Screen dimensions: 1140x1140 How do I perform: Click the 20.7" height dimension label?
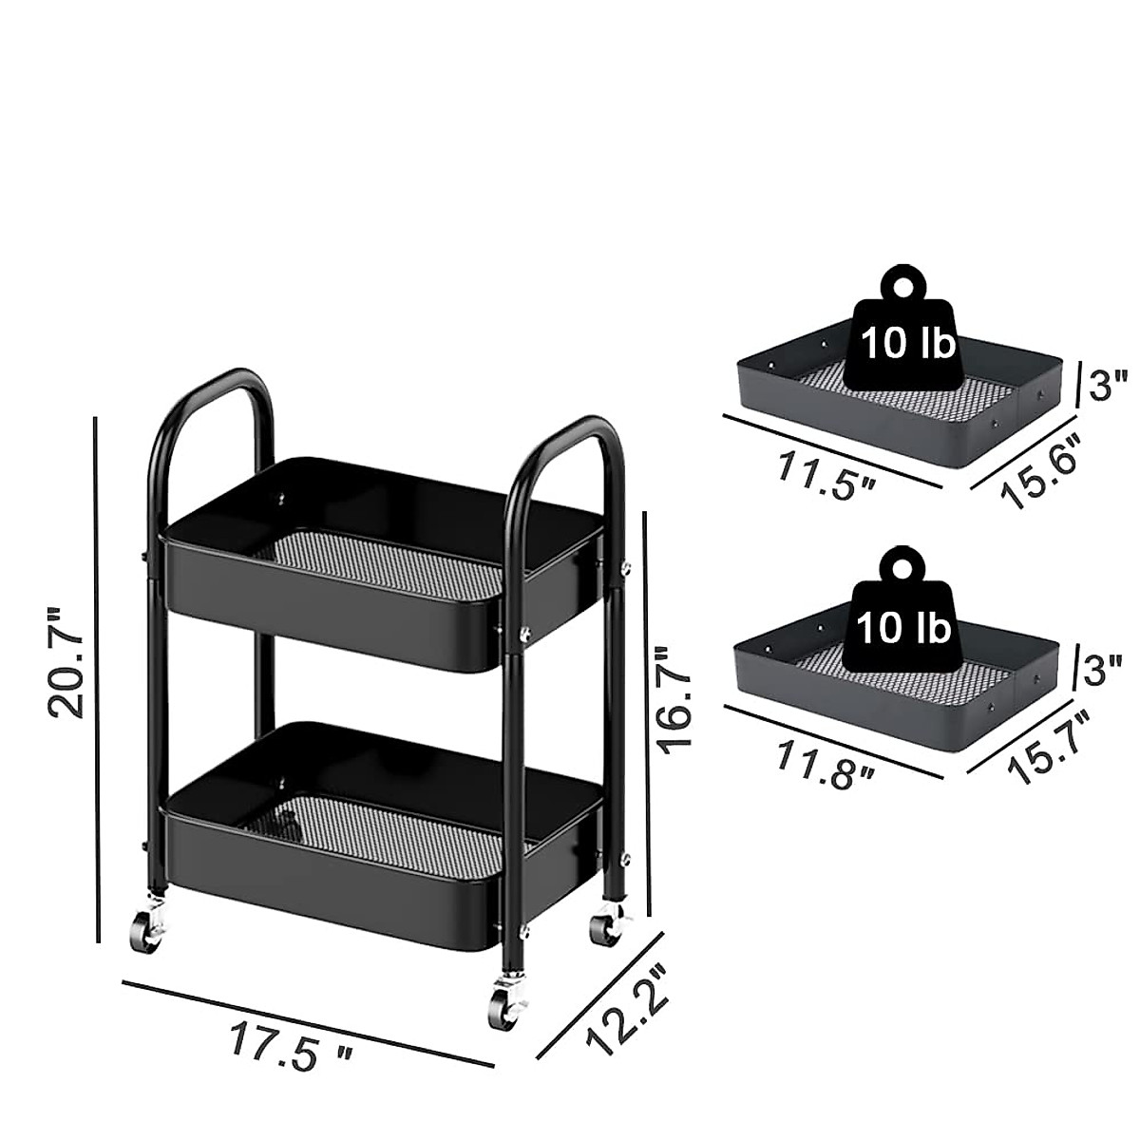pyautogui.click(x=66, y=662)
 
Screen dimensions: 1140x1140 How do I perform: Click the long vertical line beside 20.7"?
pyautogui.click(x=97, y=679)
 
